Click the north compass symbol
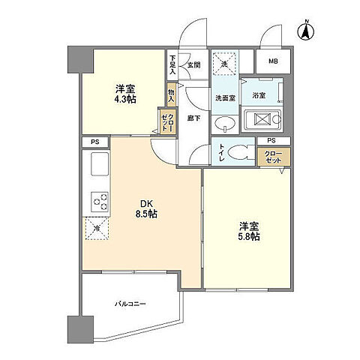coord(305,31)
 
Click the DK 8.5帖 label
coord(147,207)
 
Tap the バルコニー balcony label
coord(130,304)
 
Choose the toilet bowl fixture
coord(240,152)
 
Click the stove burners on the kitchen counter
coord(100,200)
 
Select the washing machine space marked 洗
coord(225,64)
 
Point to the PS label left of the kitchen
coord(94,141)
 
